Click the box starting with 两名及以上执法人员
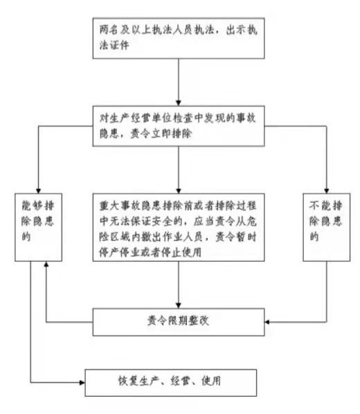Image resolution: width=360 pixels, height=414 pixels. [x=179, y=38]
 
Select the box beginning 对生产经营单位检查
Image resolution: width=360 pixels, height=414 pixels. [x=179, y=126]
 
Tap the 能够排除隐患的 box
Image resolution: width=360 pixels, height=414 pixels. [x=38, y=227]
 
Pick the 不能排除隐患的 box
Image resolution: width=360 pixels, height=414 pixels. [x=327, y=227]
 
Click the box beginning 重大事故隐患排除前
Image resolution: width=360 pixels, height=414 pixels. [x=179, y=227]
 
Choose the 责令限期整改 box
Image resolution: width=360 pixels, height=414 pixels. [x=179, y=322]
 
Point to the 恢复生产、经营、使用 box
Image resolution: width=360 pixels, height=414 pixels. [x=170, y=383]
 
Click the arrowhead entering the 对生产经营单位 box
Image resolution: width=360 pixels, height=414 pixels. [x=179, y=103]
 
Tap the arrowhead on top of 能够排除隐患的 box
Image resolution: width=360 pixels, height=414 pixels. [x=38, y=191]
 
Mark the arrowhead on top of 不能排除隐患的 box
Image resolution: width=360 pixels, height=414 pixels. [x=327, y=191]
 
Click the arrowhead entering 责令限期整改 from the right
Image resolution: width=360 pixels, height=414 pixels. [x=267, y=322]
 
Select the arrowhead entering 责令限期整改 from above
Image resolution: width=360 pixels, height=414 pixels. [x=179, y=305]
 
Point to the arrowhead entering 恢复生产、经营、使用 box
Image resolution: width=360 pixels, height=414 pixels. [x=82, y=382]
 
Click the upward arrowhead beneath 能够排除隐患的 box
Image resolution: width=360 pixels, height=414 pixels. [x=46, y=264]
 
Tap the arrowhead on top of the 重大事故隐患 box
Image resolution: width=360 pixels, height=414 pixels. [x=179, y=191]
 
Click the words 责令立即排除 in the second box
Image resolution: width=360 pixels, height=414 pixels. [x=161, y=134]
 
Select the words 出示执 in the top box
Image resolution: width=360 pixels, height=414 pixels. [x=242, y=30]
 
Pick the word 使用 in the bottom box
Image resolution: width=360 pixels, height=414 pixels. [x=211, y=381]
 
